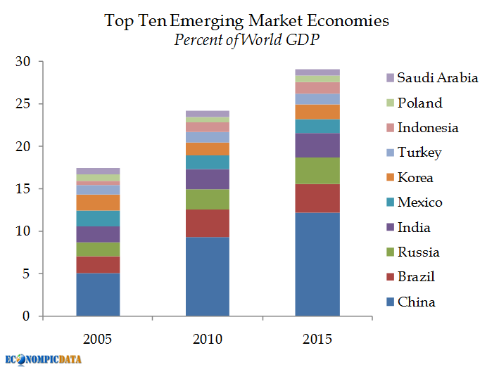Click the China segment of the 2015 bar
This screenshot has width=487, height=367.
coord(317,264)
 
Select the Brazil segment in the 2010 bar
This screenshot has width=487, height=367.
coord(208,223)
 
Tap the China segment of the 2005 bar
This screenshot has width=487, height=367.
coord(98,294)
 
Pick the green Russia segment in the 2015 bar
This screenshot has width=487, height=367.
coord(317,170)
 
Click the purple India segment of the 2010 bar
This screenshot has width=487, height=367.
coord(208,179)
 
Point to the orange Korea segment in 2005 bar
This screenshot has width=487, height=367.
coord(98,202)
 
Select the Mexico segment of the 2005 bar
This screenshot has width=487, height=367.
coord(98,218)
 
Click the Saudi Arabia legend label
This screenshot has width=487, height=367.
coord(437,78)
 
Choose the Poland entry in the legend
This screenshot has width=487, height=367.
coord(419,103)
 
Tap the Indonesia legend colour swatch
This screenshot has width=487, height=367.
coord(389,128)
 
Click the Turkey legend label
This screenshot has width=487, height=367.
coord(419,153)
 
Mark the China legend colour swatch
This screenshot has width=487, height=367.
coord(389,302)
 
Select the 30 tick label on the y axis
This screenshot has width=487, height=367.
coord(24,62)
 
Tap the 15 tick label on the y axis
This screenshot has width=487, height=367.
coord(24,189)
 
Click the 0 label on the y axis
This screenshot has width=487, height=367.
coord(27,316)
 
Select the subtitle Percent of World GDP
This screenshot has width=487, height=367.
coord(246,39)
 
